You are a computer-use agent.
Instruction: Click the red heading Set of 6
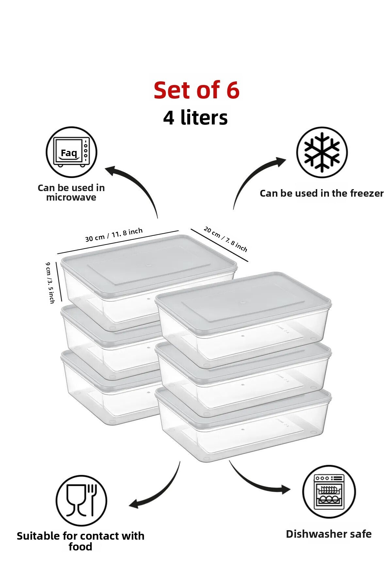tap(197, 90)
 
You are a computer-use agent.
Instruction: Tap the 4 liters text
tap(195, 118)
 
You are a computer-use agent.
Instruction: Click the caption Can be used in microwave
tap(71, 192)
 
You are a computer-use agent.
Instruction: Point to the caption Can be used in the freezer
tap(322, 193)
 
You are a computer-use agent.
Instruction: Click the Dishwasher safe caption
tap(329, 534)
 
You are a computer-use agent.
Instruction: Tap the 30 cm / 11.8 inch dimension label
tap(114, 235)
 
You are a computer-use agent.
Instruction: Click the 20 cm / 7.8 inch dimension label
tap(225, 239)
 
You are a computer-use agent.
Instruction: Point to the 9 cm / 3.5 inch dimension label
tap(50, 283)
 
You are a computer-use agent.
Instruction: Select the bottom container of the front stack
tap(243, 425)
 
